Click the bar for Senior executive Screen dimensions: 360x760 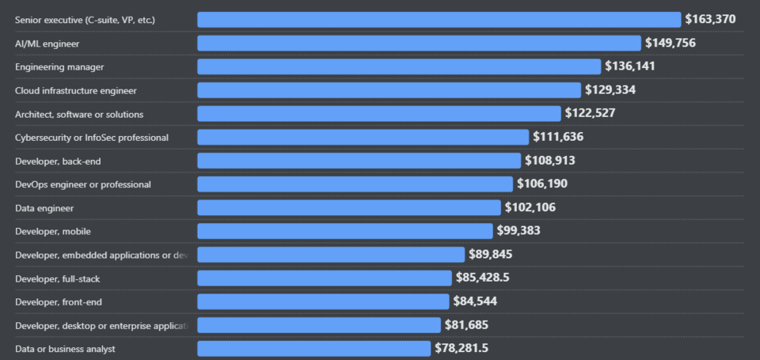439,19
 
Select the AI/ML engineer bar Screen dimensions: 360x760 419,43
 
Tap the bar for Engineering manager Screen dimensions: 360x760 399,66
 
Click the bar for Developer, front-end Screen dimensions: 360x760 323,301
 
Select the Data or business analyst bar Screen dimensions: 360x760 313,348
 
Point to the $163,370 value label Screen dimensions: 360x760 716,19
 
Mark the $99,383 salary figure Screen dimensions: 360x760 523,231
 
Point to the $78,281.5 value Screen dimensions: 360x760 467,348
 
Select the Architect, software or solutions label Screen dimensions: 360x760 79,114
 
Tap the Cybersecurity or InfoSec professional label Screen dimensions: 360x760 92,137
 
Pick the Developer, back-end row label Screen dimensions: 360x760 58,161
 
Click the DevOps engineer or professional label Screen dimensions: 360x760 83,184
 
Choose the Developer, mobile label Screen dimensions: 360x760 52,231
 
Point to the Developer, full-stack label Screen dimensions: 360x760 57,278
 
